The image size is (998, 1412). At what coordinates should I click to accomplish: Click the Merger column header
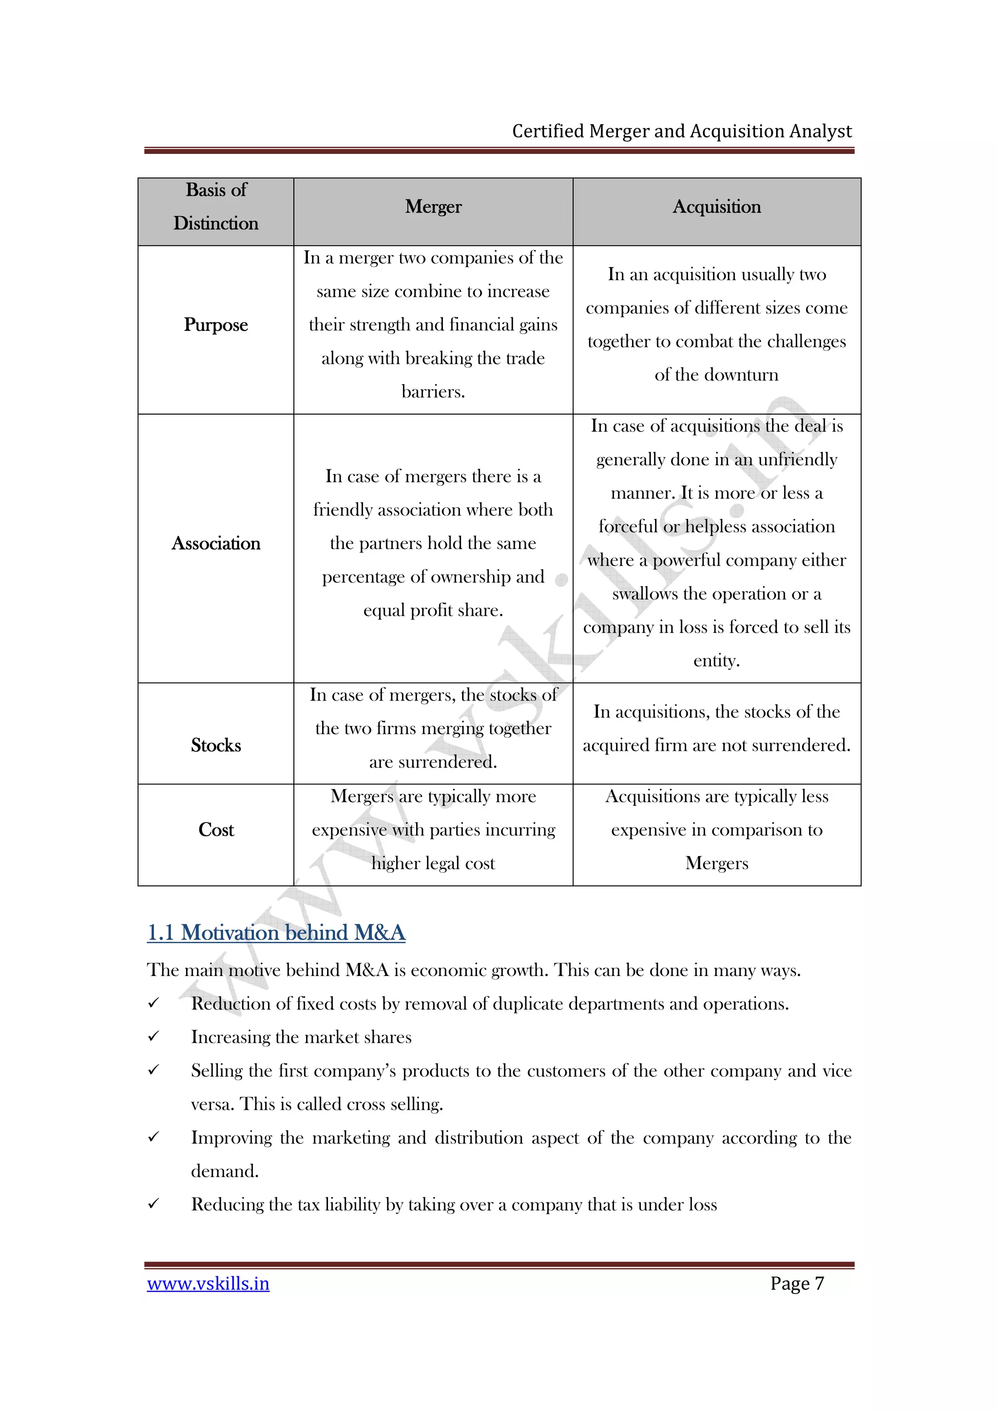433,207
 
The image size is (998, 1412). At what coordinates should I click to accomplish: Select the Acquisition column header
716,207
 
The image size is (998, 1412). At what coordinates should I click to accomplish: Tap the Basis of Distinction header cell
216,207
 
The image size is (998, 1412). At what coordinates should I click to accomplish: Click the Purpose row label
216,324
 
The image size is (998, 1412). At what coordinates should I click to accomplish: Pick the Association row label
216,543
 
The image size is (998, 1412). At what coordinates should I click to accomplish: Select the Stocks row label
216,745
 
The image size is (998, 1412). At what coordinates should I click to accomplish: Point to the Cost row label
216,830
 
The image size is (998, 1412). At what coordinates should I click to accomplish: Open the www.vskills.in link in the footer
208,1283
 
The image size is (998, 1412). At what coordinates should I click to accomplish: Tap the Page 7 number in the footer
797,1283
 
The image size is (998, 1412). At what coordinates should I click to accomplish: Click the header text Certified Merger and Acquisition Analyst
681,131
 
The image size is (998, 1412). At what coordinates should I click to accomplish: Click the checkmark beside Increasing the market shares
154,1036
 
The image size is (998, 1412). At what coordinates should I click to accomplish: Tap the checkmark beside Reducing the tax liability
154,1203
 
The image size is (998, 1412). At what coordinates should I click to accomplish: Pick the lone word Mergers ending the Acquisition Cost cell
716,863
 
